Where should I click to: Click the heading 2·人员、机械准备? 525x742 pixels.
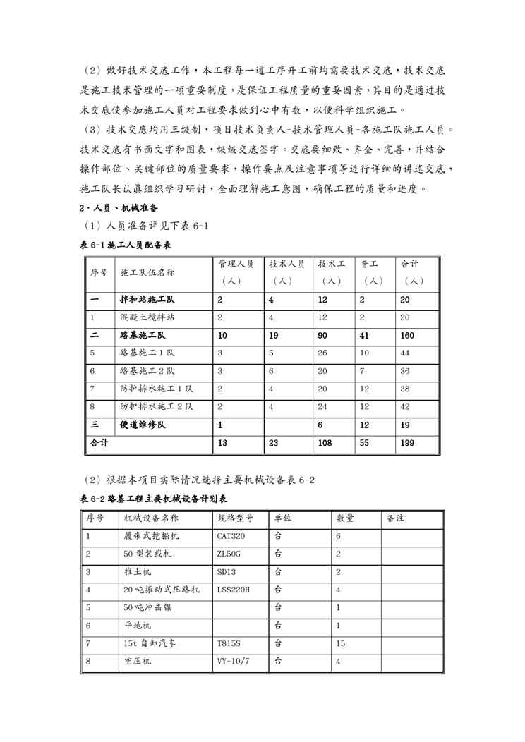[120, 208]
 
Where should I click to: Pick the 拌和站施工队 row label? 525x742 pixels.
[147, 299]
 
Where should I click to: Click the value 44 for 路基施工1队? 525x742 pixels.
[406, 353]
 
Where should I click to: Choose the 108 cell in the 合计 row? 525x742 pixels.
[325, 444]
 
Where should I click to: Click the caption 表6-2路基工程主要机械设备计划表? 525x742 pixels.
[152, 499]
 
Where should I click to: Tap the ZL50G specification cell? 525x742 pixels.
[231, 554]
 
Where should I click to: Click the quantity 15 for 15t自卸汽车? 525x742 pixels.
[341, 644]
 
